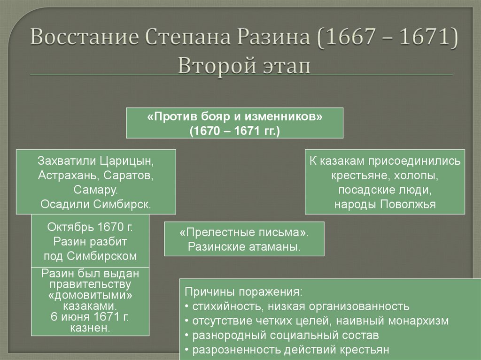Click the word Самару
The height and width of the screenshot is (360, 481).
(96, 190)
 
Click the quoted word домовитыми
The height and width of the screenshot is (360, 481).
(90, 296)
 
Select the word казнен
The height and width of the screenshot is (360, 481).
(90, 328)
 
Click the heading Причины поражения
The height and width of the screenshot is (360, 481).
(242, 291)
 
